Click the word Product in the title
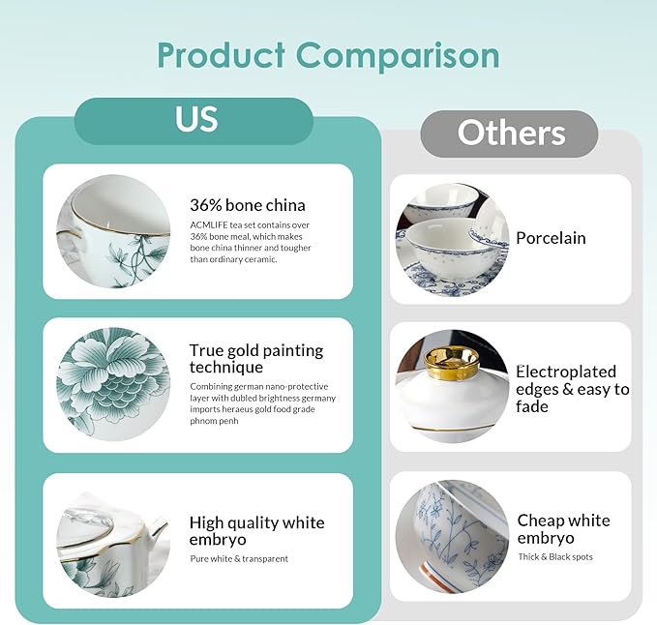222,54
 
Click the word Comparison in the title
398,56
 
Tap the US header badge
194,121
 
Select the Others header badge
509,134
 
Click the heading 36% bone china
248,205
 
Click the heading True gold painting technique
256,359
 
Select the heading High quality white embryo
256,531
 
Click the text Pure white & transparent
239,559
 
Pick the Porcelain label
551,238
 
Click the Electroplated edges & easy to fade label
573,389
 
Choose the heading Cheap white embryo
563,529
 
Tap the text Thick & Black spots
555,556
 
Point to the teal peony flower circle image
113,384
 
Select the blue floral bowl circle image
453,537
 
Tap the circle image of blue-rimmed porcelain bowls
453,240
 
